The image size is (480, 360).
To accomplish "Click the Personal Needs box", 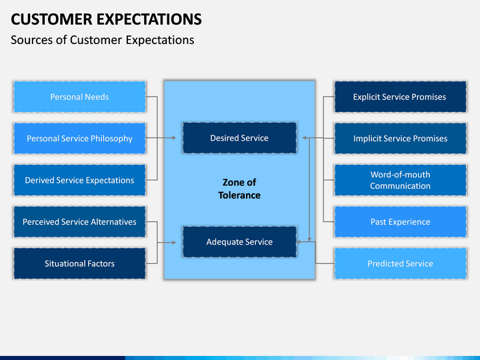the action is click(x=79, y=97).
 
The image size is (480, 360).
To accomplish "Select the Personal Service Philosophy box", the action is click(x=79, y=139).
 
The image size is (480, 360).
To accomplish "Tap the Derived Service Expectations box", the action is click(x=79, y=180).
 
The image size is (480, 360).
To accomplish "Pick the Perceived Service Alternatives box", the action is click(x=79, y=221).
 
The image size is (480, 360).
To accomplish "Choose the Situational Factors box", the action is click(x=79, y=263).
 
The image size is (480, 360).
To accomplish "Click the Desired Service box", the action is click(x=239, y=138).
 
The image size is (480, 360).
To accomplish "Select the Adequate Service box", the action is click(x=239, y=242).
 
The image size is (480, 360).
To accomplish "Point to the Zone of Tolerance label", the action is click(x=239, y=189).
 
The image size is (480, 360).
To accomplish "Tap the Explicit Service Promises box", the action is click(x=401, y=97).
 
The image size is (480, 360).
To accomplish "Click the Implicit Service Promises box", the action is click(x=401, y=139).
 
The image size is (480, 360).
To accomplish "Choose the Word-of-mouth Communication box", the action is click(x=401, y=180).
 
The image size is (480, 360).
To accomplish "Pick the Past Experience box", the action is click(x=401, y=221).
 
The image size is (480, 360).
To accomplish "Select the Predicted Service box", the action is click(x=401, y=263).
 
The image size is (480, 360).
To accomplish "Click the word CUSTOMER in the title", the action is click(x=51, y=19).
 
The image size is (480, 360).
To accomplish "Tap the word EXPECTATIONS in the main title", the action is click(x=149, y=19).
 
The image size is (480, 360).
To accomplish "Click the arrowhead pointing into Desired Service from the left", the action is click(x=174, y=138).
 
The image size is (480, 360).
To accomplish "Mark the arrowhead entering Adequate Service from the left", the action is click(x=174, y=243).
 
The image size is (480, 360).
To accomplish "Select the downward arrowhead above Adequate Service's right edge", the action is click(x=309, y=239).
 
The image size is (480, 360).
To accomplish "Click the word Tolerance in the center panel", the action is click(x=239, y=195).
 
